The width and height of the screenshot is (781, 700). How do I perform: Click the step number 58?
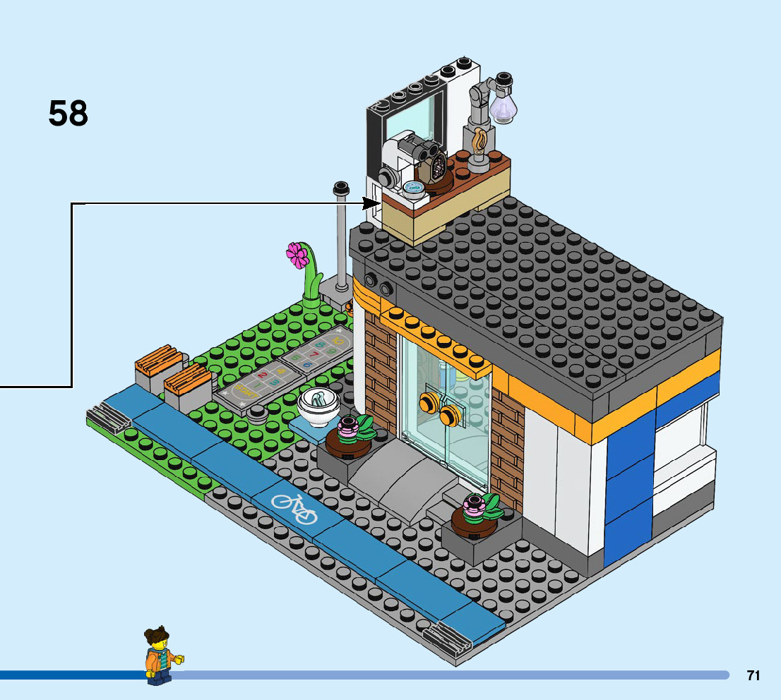(x=68, y=114)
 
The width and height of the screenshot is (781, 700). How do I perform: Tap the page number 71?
(x=753, y=675)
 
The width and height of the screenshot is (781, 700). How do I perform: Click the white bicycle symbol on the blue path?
(x=294, y=509)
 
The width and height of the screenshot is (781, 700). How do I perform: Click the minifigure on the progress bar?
(x=161, y=656)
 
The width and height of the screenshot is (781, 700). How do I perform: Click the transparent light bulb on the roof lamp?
(x=503, y=104)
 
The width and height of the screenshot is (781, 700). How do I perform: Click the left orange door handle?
(x=428, y=403)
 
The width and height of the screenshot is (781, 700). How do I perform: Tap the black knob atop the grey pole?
(x=341, y=188)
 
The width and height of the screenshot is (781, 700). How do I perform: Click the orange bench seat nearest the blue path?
(x=186, y=381)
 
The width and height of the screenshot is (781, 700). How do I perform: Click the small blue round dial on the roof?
(x=413, y=187)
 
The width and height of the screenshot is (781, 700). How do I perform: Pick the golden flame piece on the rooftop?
(x=480, y=143)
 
